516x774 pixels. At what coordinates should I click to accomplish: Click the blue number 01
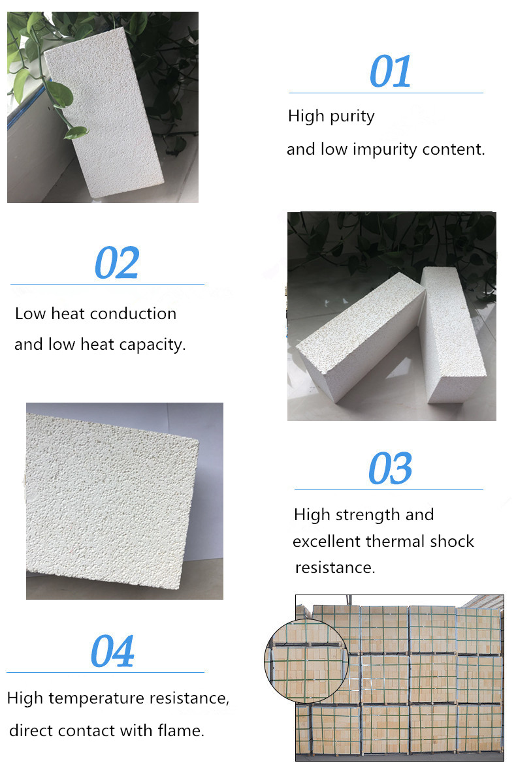pos(390,72)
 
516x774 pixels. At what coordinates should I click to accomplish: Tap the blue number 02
pos(117,262)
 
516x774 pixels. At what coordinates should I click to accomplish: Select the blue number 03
pos(390,469)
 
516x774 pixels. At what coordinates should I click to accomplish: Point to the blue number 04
pos(112,651)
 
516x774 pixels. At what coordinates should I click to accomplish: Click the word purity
pos(352,117)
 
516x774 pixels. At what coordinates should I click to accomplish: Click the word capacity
pos(157,345)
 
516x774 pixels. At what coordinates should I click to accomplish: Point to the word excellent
pos(326,542)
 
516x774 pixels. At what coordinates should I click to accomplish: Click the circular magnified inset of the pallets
pos(306,660)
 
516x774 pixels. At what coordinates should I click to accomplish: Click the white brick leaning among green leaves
pos(105,112)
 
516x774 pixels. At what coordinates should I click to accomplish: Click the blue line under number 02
pos(107,285)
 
